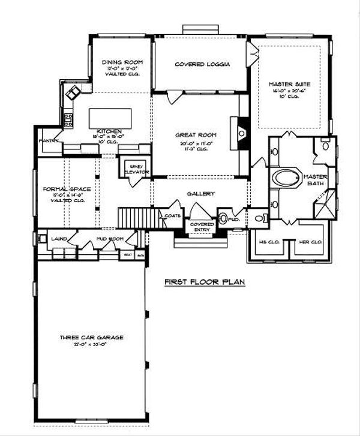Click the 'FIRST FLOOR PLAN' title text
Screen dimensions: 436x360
point(205,281)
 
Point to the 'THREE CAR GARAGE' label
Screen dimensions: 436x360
point(92,338)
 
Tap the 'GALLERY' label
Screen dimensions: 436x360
point(196,194)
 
